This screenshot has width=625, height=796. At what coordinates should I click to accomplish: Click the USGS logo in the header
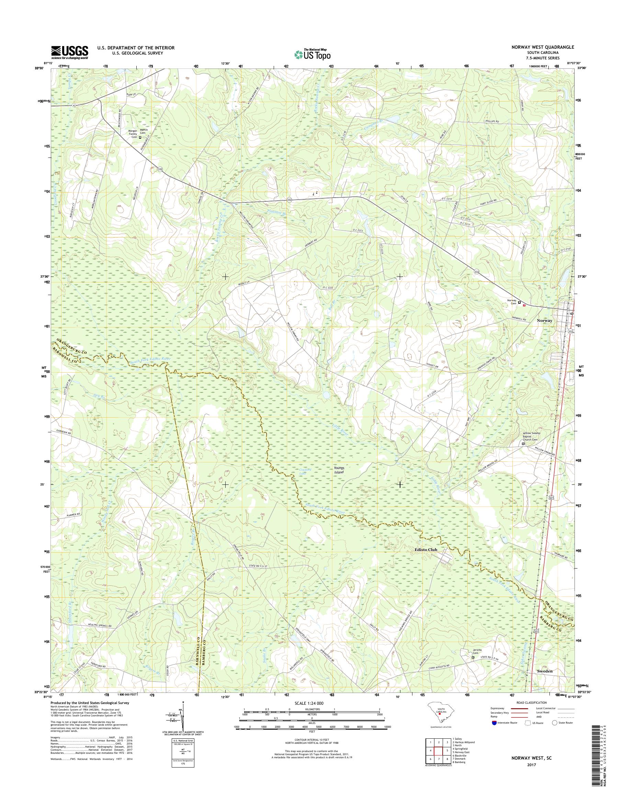point(69,52)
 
